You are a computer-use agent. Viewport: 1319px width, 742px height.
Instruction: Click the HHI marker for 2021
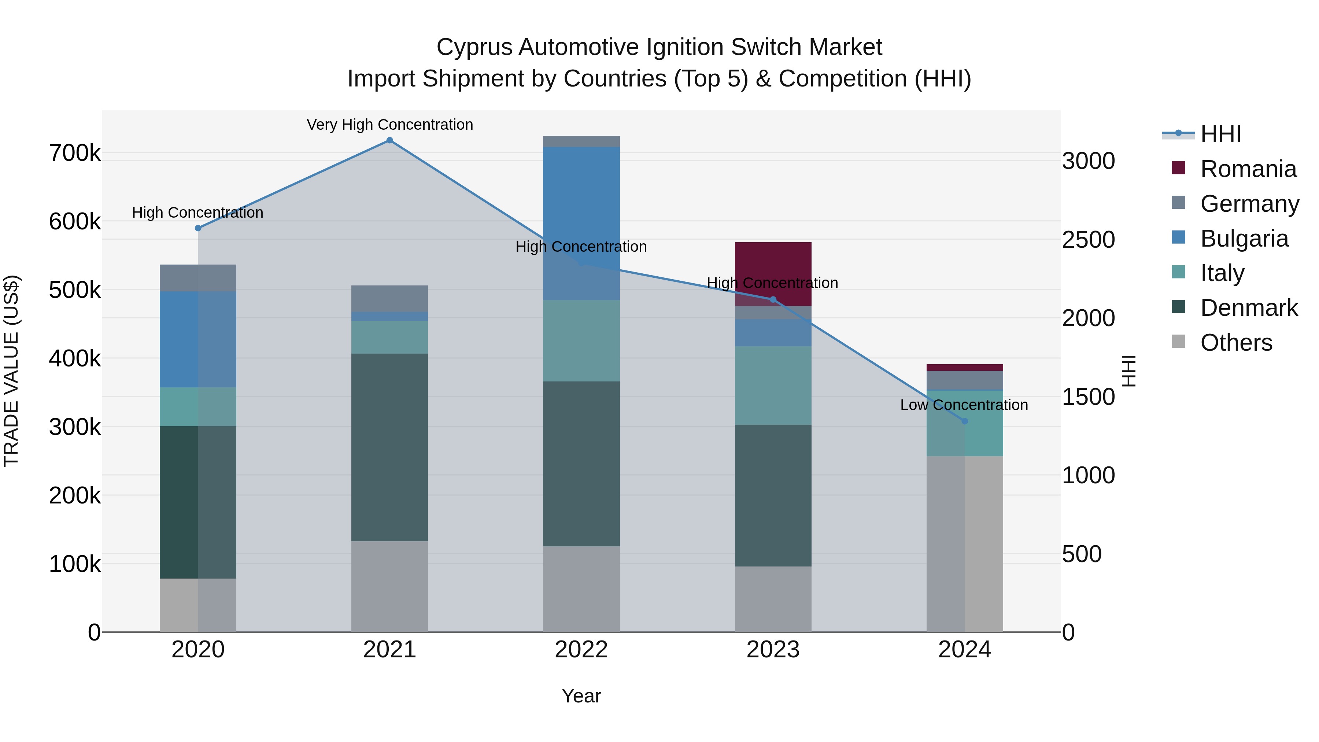[390, 140]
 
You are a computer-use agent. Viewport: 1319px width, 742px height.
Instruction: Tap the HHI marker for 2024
[965, 421]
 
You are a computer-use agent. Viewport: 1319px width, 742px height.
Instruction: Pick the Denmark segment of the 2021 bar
[390, 447]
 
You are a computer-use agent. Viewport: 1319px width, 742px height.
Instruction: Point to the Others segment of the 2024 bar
[965, 544]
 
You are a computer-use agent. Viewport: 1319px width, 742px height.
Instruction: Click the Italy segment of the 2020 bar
[198, 407]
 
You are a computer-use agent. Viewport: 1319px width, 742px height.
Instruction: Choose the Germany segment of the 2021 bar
[390, 299]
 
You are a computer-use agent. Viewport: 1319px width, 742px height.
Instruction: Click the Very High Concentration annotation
[390, 125]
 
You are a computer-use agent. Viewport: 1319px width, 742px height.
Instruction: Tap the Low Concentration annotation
[964, 405]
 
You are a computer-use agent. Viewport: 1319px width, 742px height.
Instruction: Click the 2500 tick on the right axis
[1088, 240]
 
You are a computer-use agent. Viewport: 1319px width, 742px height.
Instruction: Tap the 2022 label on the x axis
[581, 650]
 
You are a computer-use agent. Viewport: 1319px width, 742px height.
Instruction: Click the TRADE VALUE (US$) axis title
[11, 371]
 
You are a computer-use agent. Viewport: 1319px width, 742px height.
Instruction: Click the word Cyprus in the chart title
[474, 48]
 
